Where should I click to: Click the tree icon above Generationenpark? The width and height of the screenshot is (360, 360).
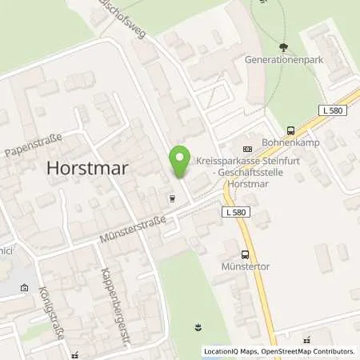click(283, 48)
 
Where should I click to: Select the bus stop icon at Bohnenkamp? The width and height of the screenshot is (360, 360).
click(291, 131)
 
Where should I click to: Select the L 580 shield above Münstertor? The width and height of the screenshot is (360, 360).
click(234, 210)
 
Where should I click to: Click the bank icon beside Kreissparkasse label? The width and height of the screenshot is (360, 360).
click(247, 148)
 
